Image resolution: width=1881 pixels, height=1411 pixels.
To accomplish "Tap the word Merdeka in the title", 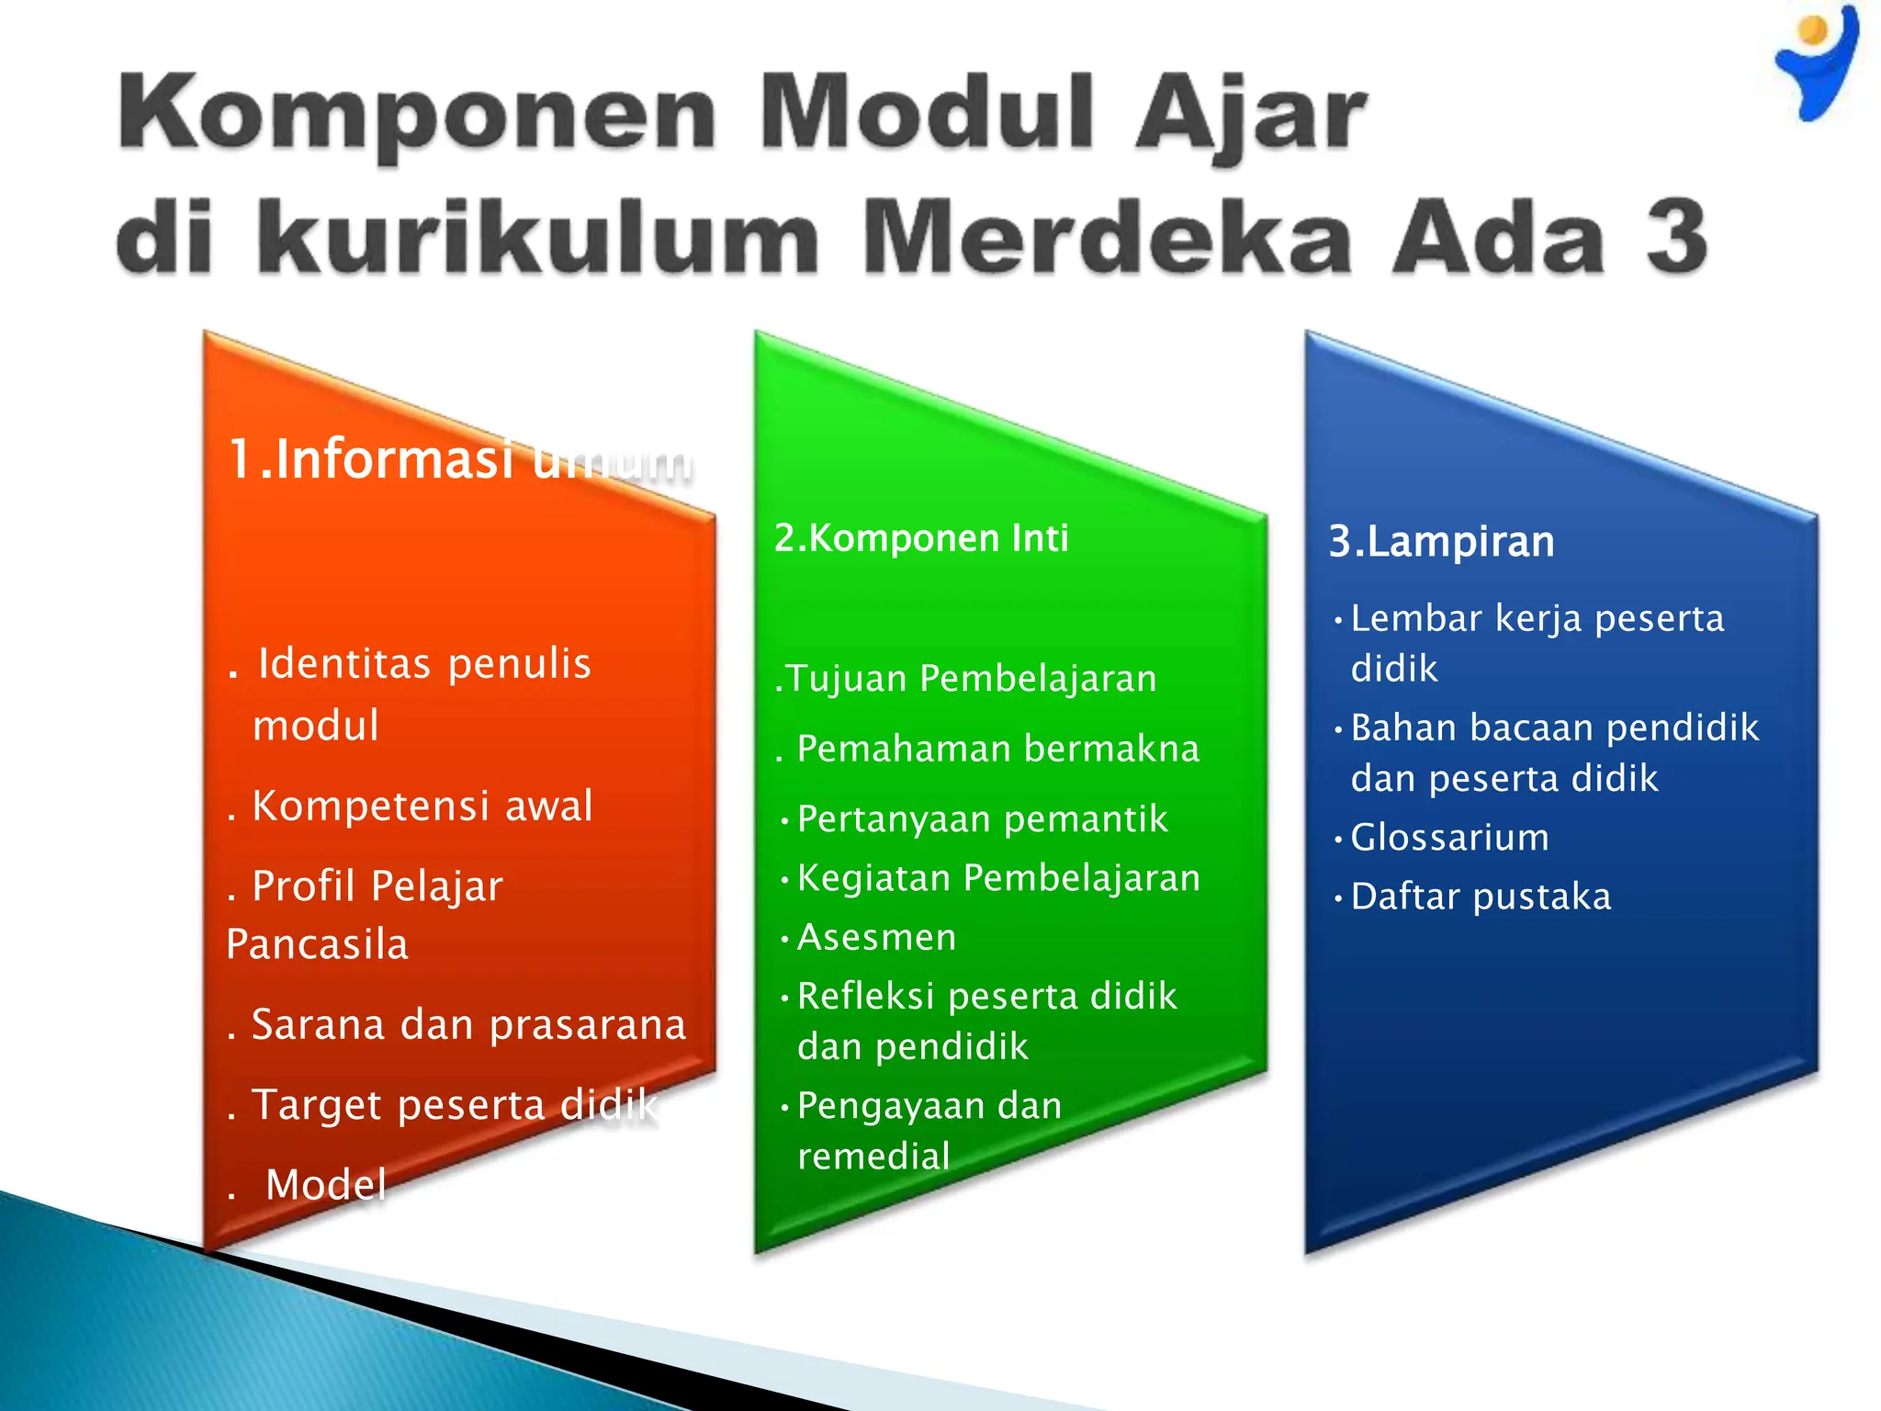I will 1106,237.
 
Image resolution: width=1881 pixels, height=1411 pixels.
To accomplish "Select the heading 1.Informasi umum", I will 459,459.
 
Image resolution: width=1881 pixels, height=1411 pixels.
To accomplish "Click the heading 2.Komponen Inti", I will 921,538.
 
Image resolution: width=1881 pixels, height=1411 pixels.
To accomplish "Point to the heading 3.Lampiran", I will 1441,541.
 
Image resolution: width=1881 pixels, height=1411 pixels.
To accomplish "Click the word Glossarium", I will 1449,838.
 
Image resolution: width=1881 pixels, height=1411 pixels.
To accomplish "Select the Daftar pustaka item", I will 1480,897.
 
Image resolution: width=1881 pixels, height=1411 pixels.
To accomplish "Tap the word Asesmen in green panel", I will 876,938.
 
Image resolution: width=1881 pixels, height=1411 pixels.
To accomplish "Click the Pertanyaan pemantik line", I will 982,819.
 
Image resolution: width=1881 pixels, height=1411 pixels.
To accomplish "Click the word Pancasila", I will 317,944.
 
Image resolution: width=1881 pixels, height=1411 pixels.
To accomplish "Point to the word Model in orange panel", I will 325,1185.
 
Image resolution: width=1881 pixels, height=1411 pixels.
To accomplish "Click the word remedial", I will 873,1157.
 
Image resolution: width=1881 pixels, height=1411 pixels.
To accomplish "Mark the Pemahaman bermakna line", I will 997,749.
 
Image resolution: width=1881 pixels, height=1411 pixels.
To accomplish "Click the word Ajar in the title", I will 1251,115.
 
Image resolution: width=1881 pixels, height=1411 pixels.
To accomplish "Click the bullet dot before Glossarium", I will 1338,839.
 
